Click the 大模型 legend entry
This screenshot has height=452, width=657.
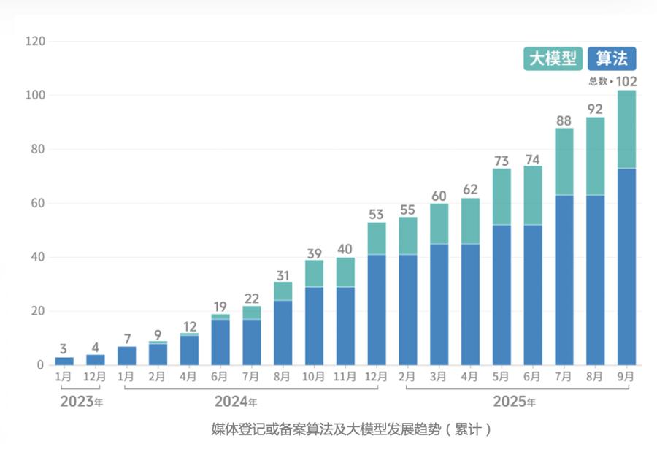tap(552, 58)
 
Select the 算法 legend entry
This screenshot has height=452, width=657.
tap(612, 58)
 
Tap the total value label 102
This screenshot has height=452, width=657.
tap(626, 81)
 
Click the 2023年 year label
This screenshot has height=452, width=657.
tap(81, 402)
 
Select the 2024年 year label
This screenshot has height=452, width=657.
tap(235, 402)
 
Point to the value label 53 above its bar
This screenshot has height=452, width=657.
tap(377, 215)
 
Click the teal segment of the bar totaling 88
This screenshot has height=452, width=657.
tap(564, 162)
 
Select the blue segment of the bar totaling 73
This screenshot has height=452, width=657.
tap(502, 294)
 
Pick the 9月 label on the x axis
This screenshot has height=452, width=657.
tap(626, 377)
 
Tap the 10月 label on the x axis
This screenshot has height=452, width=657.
tap(314, 377)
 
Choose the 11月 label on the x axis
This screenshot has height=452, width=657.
tap(345, 377)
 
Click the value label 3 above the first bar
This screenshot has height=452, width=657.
tap(64, 348)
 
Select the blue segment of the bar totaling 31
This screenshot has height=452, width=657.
tap(283, 332)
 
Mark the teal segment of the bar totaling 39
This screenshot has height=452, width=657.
tap(314, 274)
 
